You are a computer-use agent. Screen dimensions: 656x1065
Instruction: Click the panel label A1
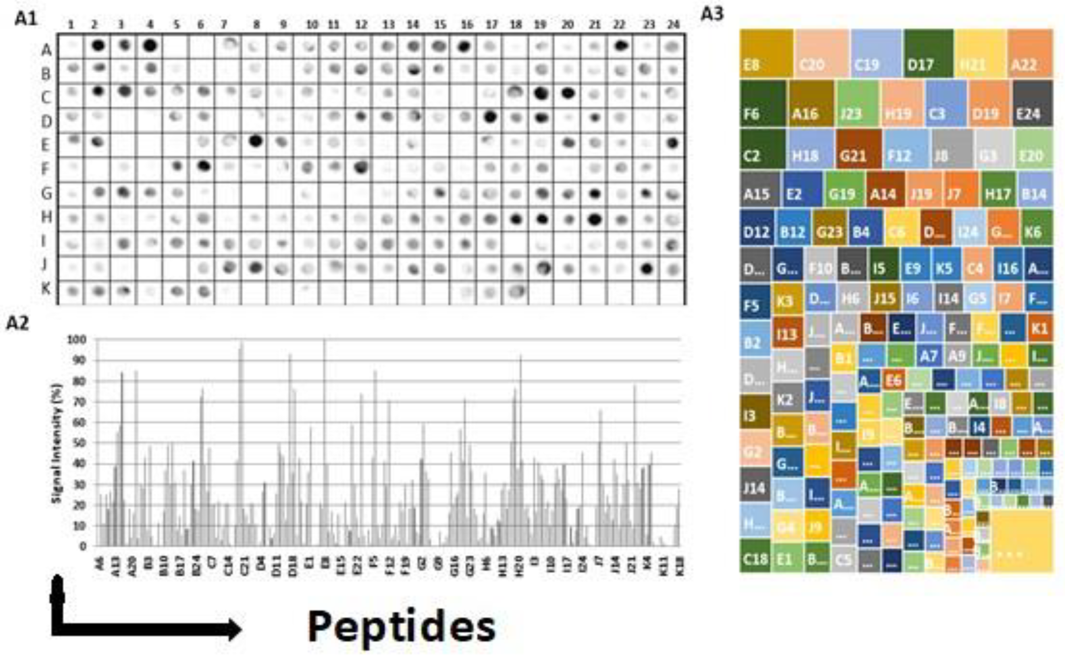[x=26, y=19]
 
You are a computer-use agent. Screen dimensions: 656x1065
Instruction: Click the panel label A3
[x=712, y=14]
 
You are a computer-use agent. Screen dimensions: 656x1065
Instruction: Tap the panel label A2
[x=17, y=323]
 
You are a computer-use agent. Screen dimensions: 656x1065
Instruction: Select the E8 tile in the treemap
[x=766, y=53]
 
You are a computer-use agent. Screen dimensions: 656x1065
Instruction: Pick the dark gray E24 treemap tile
[x=1033, y=103]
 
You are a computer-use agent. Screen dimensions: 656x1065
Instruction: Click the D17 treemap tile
[x=928, y=53]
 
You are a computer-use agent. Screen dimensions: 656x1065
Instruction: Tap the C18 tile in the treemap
[x=755, y=556]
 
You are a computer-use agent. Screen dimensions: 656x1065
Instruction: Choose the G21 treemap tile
[x=859, y=149]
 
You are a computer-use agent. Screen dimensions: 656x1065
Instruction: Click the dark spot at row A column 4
[x=150, y=45]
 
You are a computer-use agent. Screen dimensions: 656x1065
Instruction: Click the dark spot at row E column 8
[x=256, y=141]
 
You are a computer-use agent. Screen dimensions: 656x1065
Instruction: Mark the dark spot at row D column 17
[x=490, y=117]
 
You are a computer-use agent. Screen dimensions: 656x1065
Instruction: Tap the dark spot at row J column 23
[x=647, y=269]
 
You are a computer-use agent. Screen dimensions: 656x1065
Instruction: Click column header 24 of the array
[x=673, y=25]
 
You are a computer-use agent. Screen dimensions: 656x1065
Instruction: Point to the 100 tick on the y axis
[x=77, y=339]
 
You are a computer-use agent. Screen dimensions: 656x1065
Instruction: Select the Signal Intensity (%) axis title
[x=57, y=443]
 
